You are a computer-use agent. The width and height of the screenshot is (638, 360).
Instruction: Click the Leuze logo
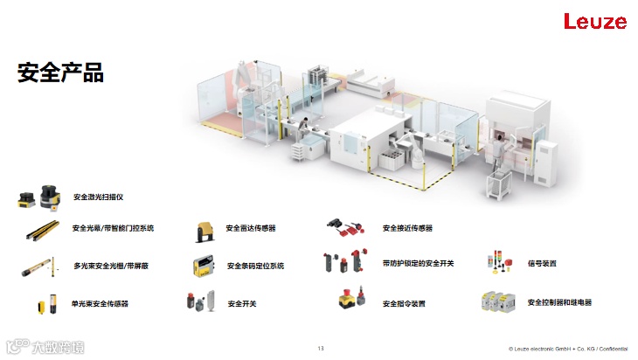click(x=595, y=22)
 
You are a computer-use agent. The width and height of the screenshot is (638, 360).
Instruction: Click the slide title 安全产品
click(x=60, y=73)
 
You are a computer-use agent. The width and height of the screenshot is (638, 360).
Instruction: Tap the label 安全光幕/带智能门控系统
click(x=113, y=228)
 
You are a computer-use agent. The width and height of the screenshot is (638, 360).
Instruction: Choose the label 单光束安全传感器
click(x=100, y=303)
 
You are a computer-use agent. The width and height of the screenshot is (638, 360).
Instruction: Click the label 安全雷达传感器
click(x=251, y=228)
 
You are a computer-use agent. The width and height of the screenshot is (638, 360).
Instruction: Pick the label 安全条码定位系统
click(x=255, y=266)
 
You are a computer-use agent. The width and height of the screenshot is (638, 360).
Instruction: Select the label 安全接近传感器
click(x=407, y=228)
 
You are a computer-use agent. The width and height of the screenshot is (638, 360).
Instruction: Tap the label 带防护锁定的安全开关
click(x=418, y=263)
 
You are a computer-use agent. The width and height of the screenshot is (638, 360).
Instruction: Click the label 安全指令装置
click(x=404, y=303)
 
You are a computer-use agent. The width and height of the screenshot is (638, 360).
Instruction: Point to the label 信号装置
click(x=542, y=263)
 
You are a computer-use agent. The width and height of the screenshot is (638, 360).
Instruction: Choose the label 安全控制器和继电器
click(x=559, y=302)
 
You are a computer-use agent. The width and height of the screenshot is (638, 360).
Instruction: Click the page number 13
click(x=320, y=350)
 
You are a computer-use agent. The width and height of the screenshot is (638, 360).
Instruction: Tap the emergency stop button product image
click(x=350, y=301)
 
